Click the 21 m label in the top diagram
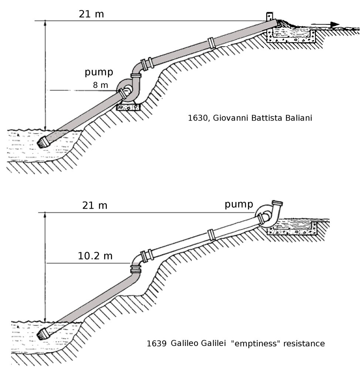click(x=91, y=14)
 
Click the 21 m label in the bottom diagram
click(x=95, y=205)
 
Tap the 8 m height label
click(x=101, y=85)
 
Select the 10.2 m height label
click(x=95, y=256)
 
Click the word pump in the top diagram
click(x=99, y=72)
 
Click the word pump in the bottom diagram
click(x=239, y=204)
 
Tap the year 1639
click(x=157, y=344)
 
